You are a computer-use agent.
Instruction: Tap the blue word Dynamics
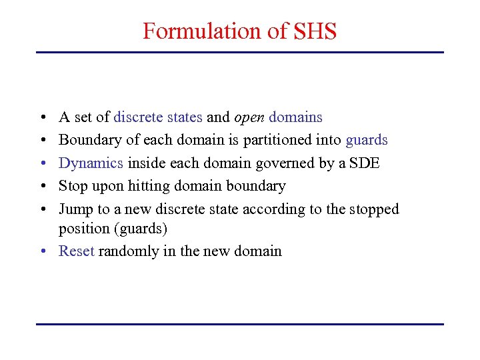tap(91, 163)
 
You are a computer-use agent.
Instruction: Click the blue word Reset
tap(77, 251)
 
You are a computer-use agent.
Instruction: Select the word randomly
tap(129, 251)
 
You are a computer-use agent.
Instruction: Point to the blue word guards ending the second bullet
tap(367, 141)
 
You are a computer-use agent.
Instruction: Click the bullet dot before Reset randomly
tap(42, 251)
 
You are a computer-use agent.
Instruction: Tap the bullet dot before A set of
tap(42, 118)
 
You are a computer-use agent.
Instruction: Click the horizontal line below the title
tap(240, 52)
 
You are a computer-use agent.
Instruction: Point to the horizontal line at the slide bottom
tap(240, 324)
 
